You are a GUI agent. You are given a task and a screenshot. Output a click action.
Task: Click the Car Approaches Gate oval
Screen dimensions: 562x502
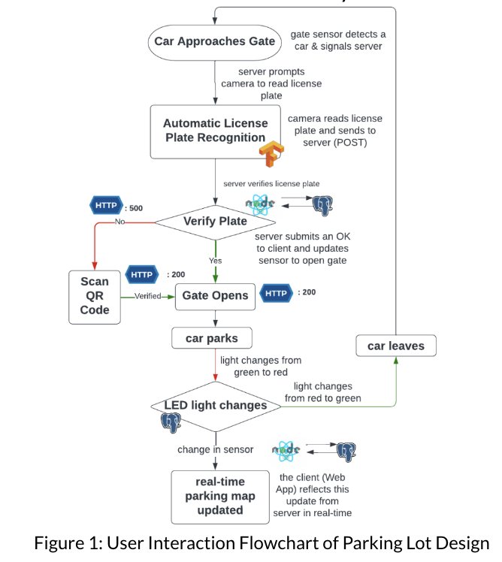click(x=215, y=41)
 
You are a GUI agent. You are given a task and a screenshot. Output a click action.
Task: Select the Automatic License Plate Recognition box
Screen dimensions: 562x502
click(x=214, y=131)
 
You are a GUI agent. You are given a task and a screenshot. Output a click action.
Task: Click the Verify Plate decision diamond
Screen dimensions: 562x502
click(x=216, y=222)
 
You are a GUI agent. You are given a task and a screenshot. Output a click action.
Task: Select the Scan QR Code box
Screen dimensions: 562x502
click(x=95, y=295)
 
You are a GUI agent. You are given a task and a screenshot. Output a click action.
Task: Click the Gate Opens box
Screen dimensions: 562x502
click(x=215, y=295)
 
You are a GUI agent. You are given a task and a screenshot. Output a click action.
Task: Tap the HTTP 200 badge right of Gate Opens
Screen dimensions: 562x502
click(x=276, y=293)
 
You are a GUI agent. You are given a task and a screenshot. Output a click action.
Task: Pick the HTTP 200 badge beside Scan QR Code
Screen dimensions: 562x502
click(x=142, y=275)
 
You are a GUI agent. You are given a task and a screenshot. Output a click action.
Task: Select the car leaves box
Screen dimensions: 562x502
click(x=395, y=346)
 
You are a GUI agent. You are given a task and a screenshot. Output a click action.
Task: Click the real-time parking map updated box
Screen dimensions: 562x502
click(x=220, y=496)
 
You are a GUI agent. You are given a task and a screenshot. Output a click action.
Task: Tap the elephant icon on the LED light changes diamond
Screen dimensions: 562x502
click(x=171, y=422)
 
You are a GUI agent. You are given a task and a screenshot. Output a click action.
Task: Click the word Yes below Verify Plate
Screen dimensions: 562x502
click(x=216, y=260)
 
